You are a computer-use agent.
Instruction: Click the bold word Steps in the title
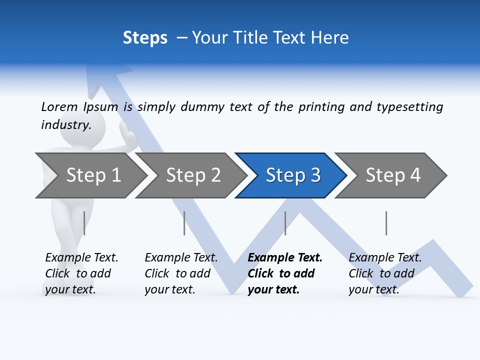click(x=145, y=38)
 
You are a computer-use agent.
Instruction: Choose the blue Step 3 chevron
click(x=292, y=175)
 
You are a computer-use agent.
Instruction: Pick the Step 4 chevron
click(x=392, y=175)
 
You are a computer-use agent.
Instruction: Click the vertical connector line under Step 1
click(x=84, y=223)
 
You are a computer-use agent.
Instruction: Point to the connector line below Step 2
click(x=184, y=223)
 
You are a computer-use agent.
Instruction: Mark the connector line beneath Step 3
click(x=285, y=223)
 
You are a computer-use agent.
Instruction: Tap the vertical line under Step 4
click(x=386, y=223)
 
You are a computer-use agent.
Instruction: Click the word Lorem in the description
click(x=59, y=107)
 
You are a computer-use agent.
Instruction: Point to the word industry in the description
click(x=65, y=125)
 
